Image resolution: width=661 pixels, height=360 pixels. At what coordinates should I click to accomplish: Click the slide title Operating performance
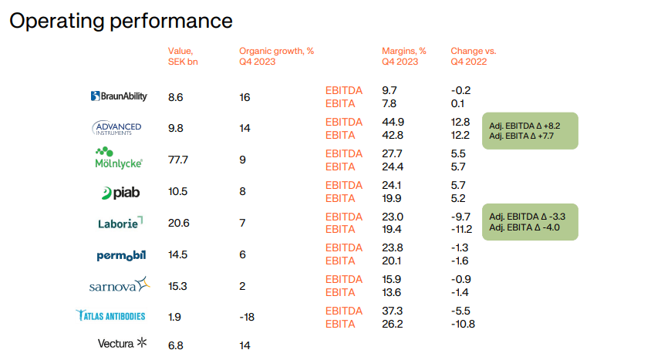point(120,21)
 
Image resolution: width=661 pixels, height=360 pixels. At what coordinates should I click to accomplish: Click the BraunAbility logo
point(119,96)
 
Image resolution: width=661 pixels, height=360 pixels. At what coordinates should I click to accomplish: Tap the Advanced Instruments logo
point(116,128)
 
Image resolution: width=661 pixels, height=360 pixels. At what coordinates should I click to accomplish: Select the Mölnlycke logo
point(118,157)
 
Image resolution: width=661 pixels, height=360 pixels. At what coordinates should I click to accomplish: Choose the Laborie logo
point(120,223)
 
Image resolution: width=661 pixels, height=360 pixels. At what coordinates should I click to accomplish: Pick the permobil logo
point(120,254)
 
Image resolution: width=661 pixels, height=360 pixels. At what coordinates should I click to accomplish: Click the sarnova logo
point(120,286)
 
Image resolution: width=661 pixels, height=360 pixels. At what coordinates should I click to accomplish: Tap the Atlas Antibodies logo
point(110,315)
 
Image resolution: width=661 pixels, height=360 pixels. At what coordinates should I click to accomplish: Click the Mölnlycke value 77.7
point(178,160)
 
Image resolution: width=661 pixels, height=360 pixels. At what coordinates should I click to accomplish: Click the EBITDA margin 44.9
point(393,122)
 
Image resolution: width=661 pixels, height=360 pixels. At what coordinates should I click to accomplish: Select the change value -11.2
point(463,230)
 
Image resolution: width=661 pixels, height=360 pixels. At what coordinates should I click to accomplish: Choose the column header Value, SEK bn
point(183,56)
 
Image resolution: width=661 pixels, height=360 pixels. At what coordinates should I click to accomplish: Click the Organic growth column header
point(276,56)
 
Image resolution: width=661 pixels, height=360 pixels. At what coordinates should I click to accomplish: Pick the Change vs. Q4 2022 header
point(474,56)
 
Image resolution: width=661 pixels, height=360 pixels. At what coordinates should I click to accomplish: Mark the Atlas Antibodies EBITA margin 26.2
point(393,324)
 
